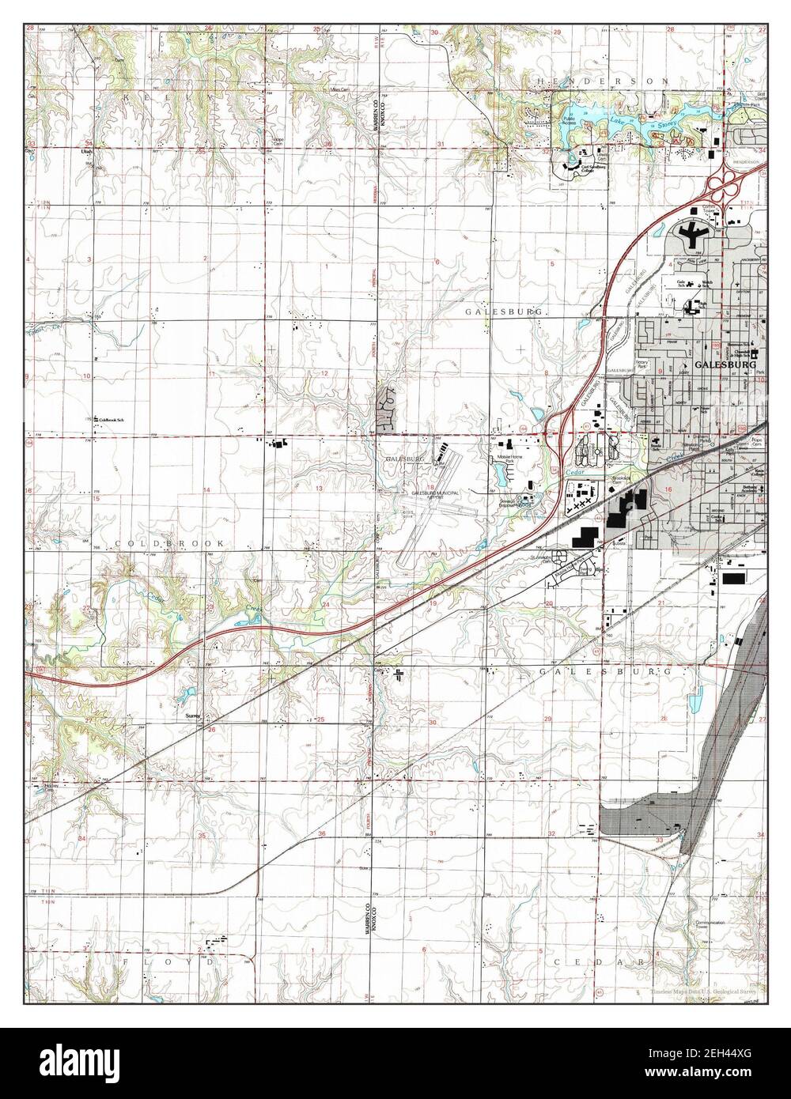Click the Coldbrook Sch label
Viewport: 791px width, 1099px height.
tap(112, 420)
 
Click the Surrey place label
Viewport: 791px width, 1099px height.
tap(193, 716)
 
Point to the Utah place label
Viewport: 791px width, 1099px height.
tap(87, 150)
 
